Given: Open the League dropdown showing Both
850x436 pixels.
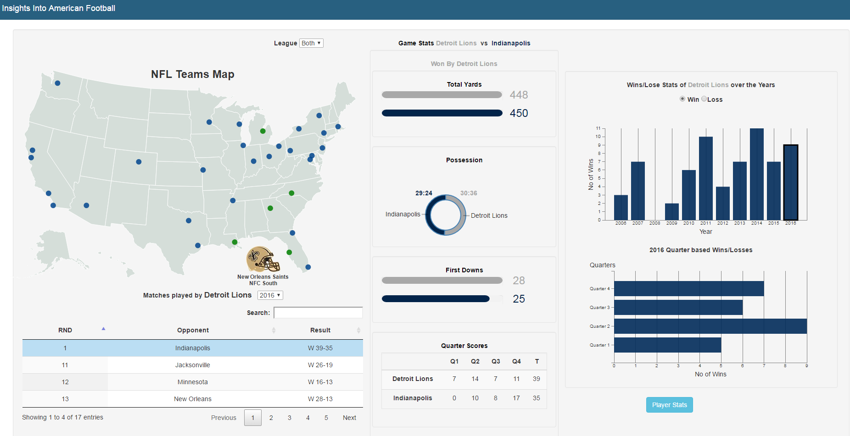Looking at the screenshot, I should tap(311, 43).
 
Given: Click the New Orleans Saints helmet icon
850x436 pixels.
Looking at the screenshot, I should tap(263, 259).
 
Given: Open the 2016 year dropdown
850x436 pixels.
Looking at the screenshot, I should tap(270, 295).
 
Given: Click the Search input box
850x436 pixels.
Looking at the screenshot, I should tap(318, 313).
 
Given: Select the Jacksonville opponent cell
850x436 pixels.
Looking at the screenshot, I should tap(193, 365).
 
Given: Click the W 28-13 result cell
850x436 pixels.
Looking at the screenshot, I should tap(320, 399).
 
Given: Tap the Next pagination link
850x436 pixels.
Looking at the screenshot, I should tap(349, 418).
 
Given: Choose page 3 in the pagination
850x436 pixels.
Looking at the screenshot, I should tap(290, 418).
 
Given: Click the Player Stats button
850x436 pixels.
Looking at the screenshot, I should tap(669, 405).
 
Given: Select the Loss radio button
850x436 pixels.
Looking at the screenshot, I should tap(704, 99).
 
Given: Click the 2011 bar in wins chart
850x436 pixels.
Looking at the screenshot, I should tap(706, 179).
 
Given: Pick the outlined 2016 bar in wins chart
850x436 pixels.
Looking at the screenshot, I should tap(791, 182).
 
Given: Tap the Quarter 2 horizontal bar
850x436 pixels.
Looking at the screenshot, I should tap(710, 326).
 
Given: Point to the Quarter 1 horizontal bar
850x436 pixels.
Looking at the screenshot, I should tap(667, 345).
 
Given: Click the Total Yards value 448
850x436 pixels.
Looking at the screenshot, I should tap(519, 95).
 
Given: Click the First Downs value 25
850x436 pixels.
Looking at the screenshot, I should tap(519, 299).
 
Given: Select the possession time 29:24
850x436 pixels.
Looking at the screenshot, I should tap(424, 193).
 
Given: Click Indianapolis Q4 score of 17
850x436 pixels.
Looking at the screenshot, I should tap(516, 398).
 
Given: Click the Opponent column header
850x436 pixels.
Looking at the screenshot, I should tap(193, 330).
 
